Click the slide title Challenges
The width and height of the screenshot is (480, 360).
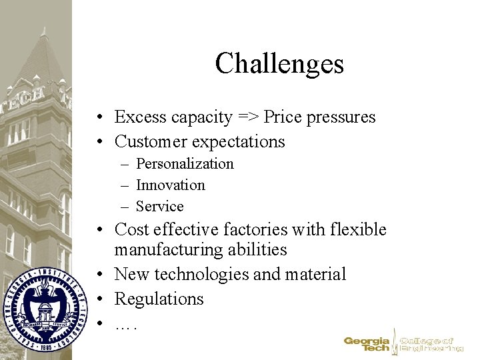pyautogui.click(x=279, y=64)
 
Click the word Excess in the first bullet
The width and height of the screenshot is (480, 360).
pyautogui.click(x=138, y=117)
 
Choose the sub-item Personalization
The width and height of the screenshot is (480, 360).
pyautogui.click(x=185, y=163)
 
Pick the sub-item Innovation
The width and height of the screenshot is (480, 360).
pyautogui.click(x=170, y=185)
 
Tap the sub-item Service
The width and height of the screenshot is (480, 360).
pyautogui.click(x=159, y=206)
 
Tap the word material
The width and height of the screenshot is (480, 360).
pyautogui.click(x=315, y=274)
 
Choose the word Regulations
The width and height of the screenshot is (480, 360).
pyautogui.click(x=159, y=298)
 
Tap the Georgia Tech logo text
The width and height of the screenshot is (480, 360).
pyautogui.click(x=367, y=343)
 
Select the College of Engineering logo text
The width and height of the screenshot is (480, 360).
pyautogui.click(x=431, y=343)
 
